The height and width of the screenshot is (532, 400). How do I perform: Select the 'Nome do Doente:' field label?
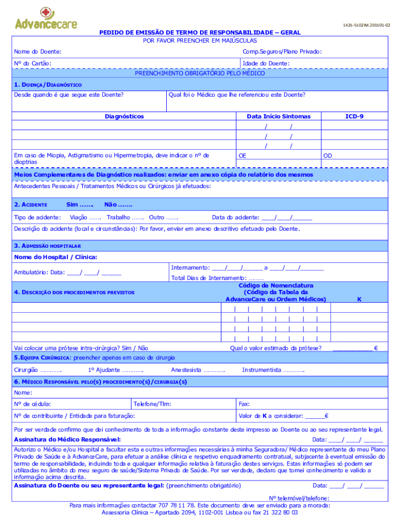[37, 51]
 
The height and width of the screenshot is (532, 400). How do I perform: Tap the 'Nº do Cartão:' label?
[32, 63]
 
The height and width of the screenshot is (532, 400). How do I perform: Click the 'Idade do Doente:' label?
[266, 63]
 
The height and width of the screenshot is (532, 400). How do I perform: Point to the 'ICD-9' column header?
[354, 116]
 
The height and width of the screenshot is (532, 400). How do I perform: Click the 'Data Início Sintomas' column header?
[278, 116]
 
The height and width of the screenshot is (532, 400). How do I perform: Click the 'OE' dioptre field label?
[242, 155]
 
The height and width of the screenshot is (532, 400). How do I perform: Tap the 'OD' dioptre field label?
[327, 155]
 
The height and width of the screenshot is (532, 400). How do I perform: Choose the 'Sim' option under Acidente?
[76, 205]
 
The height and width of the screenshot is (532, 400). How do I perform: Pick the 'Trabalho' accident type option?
[118, 217]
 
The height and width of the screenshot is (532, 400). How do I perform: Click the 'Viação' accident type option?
[78, 217]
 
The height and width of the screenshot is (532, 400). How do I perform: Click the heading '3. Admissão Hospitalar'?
[47, 245]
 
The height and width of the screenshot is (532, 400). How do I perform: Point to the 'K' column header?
[359, 299]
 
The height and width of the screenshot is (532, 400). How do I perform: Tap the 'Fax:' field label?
[244, 404]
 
